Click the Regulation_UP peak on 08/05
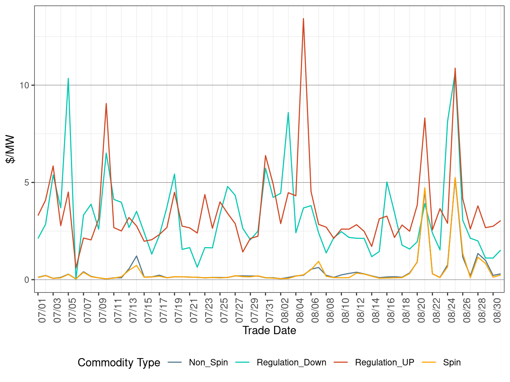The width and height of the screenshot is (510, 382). point(303,19)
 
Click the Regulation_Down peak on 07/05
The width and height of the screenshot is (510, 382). point(68,78)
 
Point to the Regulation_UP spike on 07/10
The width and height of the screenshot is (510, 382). point(106,103)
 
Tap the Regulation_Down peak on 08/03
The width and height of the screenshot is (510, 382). point(288,113)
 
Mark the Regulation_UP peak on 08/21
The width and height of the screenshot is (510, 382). point(425,118)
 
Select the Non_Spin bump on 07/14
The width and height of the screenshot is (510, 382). point(137,256)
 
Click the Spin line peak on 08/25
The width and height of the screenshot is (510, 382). point(455,177)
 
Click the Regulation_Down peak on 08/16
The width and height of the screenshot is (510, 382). point(387,182)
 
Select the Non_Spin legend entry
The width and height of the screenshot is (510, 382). point(208,363)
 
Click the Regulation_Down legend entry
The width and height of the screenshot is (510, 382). point(291,363)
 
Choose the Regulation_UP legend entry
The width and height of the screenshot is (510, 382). point(384,363)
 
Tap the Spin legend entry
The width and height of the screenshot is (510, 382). point(452,363)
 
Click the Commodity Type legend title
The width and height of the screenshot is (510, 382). point(119,363)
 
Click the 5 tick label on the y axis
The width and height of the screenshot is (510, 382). point(27,182)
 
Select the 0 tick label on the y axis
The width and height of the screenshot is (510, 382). point(27,280)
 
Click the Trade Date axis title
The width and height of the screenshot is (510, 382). point(269,330)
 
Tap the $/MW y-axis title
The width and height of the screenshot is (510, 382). point(11,149)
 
